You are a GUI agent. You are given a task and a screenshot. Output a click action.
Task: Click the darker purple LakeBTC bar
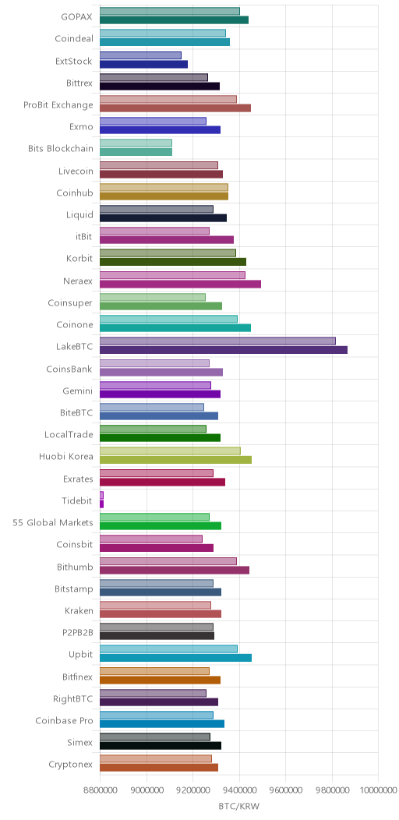coord(224,350)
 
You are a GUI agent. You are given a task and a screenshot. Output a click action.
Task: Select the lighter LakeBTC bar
coord(217,341)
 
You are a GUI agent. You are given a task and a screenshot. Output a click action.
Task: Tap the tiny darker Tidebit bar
coord(101,504)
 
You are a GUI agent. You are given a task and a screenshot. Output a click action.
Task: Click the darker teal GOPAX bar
coord(174,19)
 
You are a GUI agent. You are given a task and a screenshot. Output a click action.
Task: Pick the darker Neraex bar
coord(181,284)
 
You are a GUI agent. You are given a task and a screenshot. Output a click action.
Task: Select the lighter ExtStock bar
coord(141,55)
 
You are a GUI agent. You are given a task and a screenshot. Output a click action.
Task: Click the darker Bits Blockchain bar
coord(136,152)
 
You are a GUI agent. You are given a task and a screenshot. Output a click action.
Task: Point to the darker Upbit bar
coord(175,658)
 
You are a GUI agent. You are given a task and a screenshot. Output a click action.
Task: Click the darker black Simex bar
coord(161,746)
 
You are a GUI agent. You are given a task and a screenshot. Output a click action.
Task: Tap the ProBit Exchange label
coord(58,105)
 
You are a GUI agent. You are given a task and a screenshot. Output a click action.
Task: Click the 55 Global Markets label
coord(53,522)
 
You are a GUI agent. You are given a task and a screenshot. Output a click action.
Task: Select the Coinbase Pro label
coord(65,721)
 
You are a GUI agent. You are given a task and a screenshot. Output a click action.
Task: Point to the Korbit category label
coord(79,259)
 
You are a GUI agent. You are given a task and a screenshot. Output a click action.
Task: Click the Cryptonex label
coord(71,765)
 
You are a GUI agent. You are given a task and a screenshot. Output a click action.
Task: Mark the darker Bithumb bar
coord(175,570)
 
